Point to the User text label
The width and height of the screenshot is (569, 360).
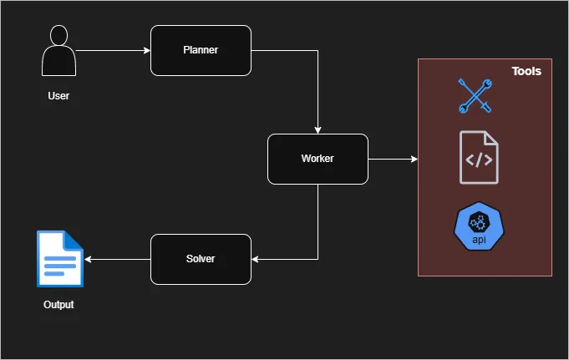point(58,96)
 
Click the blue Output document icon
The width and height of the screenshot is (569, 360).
point(60,259)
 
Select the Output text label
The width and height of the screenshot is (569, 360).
point(58,305)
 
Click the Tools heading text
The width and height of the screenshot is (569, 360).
point(526,72)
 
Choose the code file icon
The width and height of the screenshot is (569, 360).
point(479,158)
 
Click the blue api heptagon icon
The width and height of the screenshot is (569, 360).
point(479,226)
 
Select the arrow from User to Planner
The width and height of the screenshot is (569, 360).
point(112,50)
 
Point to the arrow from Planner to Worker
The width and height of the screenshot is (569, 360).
point(318,92)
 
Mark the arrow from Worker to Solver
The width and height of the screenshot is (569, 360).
point(318,226)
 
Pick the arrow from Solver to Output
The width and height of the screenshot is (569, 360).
point(117,259)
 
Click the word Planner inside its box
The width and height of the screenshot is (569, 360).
point(201,50)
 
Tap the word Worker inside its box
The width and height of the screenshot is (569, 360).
point(318,159)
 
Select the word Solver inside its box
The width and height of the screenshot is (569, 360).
point(201,259)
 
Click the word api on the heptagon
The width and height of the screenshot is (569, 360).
point(479,241)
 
